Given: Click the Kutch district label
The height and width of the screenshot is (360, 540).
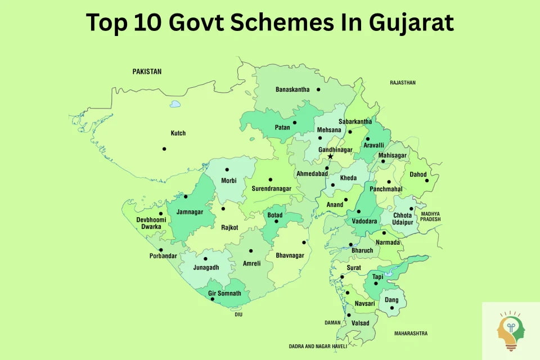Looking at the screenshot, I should tap(178, 133).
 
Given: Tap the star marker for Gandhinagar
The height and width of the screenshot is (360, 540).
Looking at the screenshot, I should tap(330, 157).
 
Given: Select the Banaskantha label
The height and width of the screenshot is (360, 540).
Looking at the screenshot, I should tap(292, 89).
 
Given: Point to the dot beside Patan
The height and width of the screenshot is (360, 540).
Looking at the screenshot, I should tap(294, 122).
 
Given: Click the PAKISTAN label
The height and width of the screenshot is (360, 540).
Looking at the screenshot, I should tap(147, 71).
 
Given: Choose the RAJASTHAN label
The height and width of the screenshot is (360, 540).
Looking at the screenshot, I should tap(403, 83).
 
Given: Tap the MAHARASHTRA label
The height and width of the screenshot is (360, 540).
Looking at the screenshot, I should tap(410, 334).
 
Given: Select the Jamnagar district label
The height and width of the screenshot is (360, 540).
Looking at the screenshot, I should tap(189, 213).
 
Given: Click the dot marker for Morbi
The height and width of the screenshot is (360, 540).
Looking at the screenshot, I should tap(227, 169).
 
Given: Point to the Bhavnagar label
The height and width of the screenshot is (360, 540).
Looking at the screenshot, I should tap(290, 255).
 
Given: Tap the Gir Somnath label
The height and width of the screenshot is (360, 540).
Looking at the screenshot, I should tap(224, 294).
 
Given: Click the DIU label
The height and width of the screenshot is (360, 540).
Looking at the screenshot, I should tap(238, 314).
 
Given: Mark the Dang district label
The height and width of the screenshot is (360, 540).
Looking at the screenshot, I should tap(391, 300).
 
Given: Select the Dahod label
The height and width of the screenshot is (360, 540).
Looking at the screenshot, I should tap(418, 174).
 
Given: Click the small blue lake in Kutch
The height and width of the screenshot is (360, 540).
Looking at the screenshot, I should tap(175, 104).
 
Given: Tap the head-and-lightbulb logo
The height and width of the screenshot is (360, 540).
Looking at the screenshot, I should tap(510, 331).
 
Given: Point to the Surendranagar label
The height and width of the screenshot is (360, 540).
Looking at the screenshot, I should tap(271, 188).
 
